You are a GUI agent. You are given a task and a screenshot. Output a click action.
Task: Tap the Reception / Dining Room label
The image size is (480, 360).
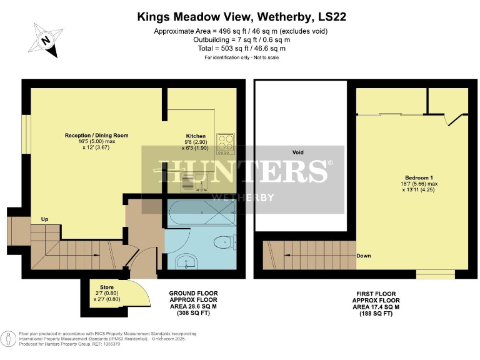click(x=96, y=135)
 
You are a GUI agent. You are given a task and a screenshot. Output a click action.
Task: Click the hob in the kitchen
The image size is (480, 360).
click(x=224, y=144)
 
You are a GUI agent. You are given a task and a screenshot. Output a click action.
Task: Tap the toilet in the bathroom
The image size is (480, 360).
click(x=222, y=242)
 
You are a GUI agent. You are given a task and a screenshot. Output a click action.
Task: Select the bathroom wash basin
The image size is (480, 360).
click(x=185, y=262)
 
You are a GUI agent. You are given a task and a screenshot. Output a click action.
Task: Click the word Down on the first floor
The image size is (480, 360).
click(x=364, y=256)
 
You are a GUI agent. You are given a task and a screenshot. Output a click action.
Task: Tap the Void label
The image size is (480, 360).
click(x=298, y=152)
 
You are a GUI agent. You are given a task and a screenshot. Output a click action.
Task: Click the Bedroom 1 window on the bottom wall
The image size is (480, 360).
click(x=436, y=274)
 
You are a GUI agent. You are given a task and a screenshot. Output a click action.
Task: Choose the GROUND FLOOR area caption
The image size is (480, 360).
click(x=194, y=303)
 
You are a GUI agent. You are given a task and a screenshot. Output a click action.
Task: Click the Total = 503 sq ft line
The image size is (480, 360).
click(x=241, y=48)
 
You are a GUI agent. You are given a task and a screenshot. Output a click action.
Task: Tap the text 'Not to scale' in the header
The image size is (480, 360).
click(x=264, y=57)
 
